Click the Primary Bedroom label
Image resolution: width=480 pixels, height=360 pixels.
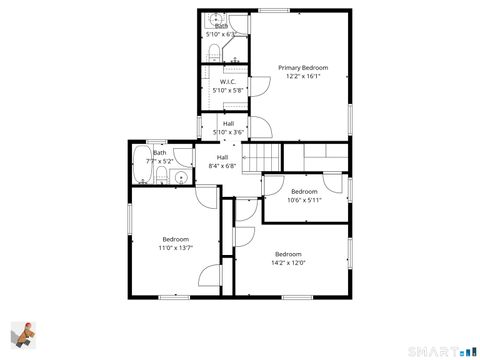tap(302, 68)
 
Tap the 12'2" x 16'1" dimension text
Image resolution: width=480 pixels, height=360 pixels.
tap(302, 77)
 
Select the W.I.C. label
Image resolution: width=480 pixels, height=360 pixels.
tap(227, 82)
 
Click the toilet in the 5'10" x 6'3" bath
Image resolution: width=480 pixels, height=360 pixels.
tap(214, 52)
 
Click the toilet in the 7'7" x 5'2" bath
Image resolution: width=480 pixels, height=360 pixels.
tap(160, 178)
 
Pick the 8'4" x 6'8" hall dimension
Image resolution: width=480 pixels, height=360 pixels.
tap(222, 166)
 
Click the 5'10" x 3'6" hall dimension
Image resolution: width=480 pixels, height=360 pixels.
tap(229, 132)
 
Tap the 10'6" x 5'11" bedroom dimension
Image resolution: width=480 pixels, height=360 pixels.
tap(304, 199)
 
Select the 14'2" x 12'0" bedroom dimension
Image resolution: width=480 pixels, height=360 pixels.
tap(289, 263)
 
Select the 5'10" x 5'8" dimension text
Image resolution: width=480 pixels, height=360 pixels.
tap(227, 90)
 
